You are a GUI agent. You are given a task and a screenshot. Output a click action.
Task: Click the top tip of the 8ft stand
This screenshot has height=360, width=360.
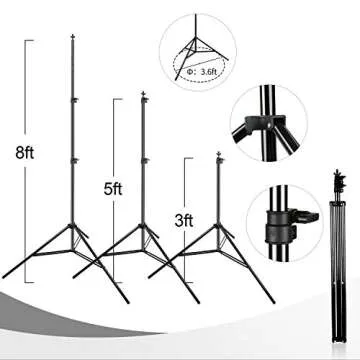75,37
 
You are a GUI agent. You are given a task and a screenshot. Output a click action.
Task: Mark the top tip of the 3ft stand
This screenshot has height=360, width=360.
218,151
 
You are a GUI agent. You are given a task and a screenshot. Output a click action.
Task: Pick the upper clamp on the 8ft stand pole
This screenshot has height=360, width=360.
75,97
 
